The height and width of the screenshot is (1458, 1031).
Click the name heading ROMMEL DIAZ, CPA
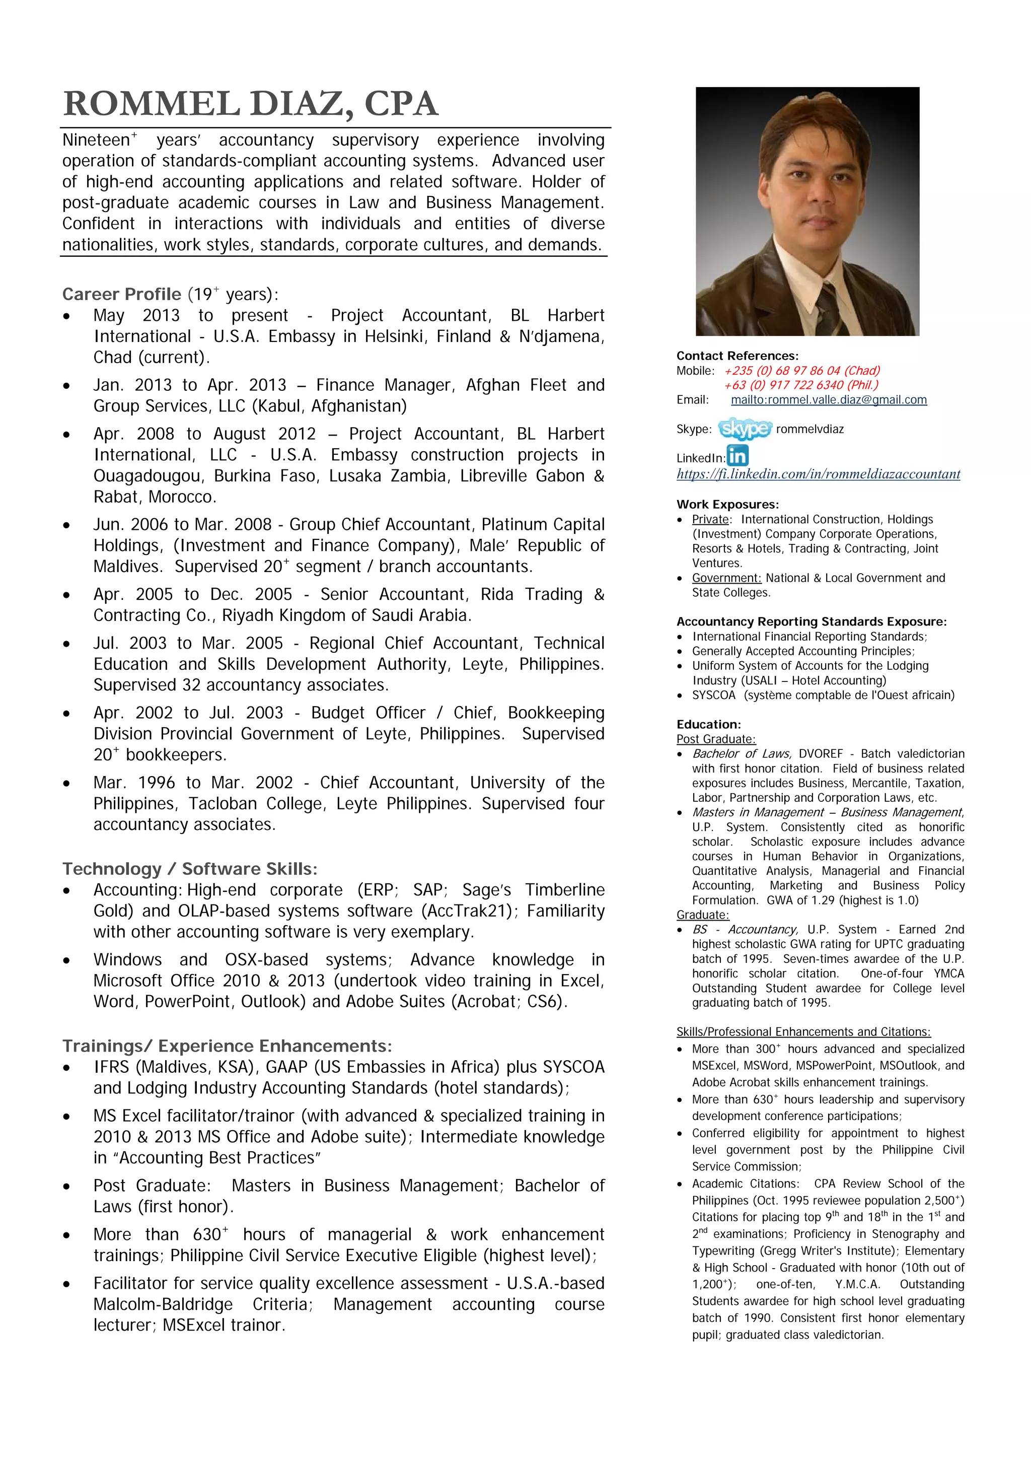(251, 104)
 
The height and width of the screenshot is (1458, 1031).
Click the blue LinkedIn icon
(738, 455)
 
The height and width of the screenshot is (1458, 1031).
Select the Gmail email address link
(829, 400)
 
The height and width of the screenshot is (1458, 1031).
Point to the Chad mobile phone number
(802, 371)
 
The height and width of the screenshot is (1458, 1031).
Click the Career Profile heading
(122, 294)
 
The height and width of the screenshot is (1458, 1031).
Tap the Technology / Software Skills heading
(189, 869)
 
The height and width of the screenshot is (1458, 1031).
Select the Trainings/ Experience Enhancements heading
(227, 1046)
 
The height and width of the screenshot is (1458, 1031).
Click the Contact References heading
(737, 356)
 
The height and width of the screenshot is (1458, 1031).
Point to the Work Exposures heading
(727, 505)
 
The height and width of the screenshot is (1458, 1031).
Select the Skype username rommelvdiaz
(810, 429)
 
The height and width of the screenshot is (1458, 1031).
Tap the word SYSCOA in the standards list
(713, 696)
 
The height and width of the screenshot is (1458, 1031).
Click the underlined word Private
(710, 519)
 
